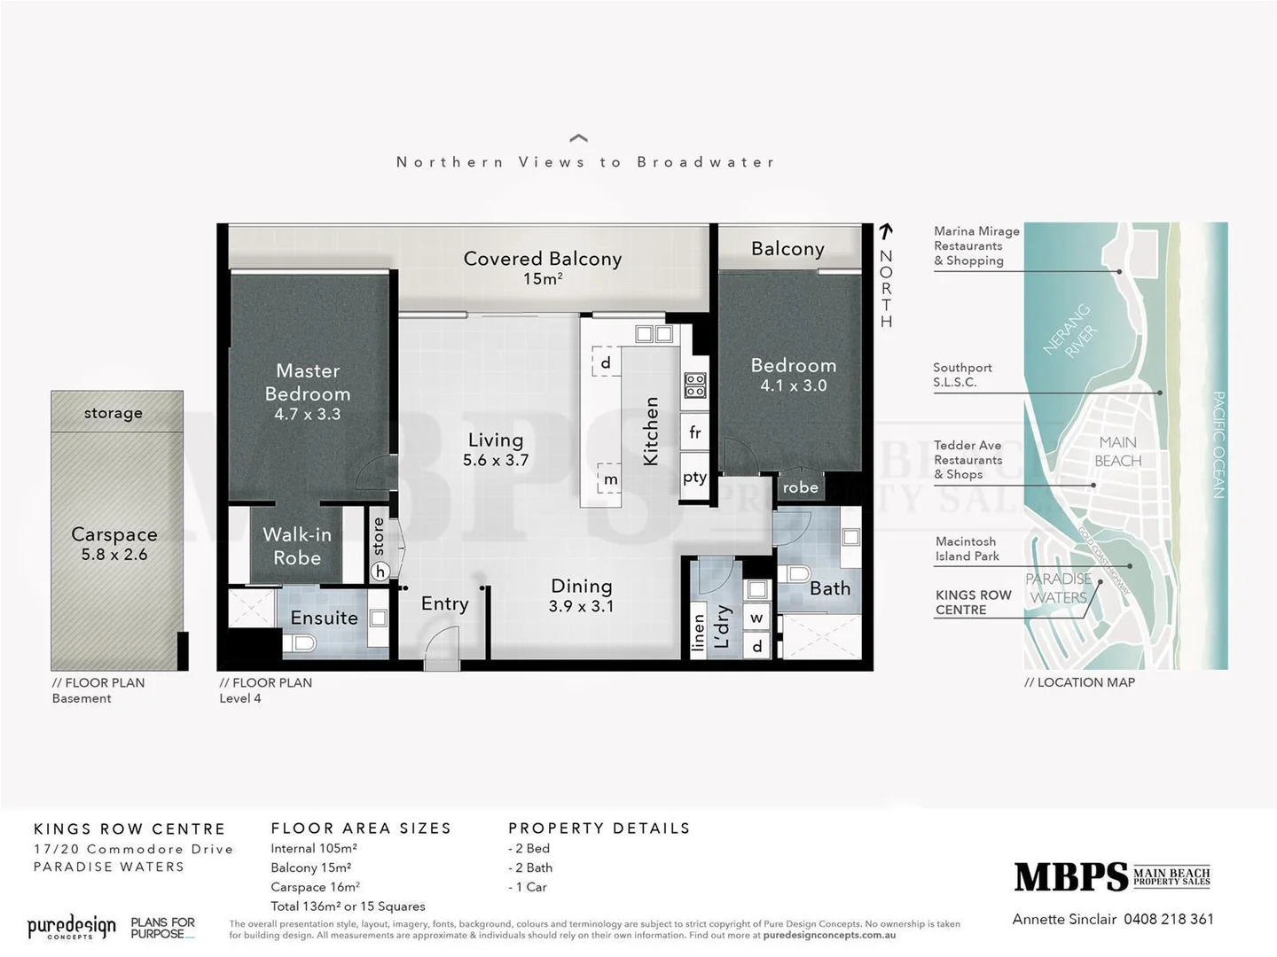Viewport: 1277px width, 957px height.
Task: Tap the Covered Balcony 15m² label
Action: [542, 267]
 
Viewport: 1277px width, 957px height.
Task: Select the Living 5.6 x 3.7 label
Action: [496, 448]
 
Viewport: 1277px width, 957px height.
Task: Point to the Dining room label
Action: [581, 595]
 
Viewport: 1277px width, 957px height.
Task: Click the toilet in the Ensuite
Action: [304, 642]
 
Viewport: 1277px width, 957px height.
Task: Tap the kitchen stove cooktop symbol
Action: [694, 385]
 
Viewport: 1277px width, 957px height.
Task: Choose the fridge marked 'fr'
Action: [695, 432]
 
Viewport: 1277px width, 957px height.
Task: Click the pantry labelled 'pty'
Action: [694, 477]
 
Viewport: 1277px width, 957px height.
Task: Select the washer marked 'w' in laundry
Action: [756, 618]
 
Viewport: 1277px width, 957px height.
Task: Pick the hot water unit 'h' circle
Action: [380, 572]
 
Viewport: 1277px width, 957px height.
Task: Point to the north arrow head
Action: [885, 230]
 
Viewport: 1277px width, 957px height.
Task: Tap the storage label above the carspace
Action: [114, 413]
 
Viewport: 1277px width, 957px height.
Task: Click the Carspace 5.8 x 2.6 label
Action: [114, 543]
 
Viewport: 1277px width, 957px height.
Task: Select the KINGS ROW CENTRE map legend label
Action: [973, 603]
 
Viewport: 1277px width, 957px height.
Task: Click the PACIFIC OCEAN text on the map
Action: [1218, 444]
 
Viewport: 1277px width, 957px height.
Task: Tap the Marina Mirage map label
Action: [976, 245]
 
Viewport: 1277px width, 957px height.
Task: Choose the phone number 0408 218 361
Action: [1168, 919]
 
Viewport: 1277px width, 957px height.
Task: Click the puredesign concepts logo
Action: [72, 928]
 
